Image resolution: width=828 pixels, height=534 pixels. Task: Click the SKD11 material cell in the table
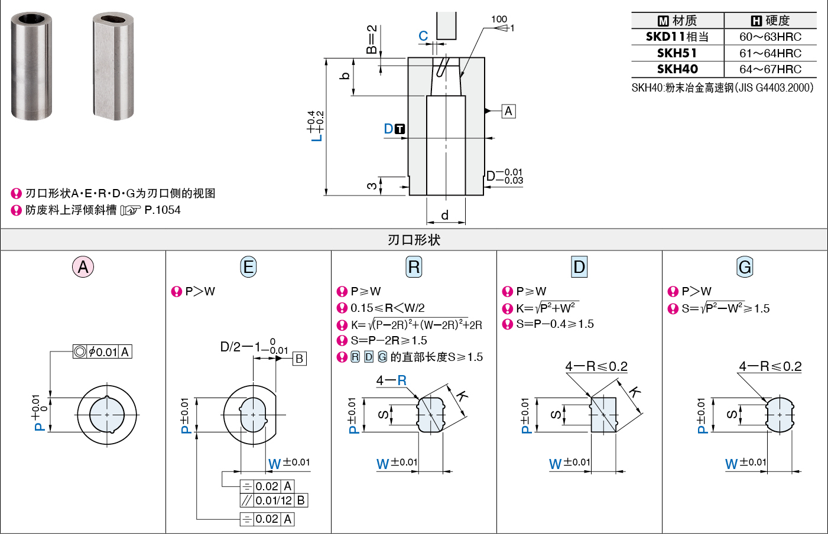(677, 37)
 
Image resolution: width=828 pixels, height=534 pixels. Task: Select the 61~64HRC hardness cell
(770, 53)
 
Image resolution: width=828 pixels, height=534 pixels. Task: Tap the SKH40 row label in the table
(677, 69)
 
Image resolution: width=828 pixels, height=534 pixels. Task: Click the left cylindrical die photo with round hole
(31, 66)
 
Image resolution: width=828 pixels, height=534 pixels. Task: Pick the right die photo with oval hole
(113, 66)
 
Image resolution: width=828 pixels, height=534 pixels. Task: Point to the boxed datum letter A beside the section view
(508, 111)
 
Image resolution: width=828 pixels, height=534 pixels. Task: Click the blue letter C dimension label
(423, 36)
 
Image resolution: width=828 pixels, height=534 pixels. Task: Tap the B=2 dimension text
(372, 39)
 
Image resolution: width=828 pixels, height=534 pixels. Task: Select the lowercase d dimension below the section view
(445, 214)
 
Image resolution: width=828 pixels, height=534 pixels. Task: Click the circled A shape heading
(83, 267)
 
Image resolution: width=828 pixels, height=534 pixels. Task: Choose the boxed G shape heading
(745, 267)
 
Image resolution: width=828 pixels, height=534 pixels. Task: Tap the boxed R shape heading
(414, 267)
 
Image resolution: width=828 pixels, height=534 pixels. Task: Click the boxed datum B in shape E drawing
(300, 359)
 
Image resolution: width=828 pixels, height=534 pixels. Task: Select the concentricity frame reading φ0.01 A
(102, 351)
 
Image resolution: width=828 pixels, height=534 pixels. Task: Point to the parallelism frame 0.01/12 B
(274, 500)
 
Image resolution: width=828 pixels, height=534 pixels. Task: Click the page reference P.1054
(163, 210)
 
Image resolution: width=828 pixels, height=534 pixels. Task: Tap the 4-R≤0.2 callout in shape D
(596, 366)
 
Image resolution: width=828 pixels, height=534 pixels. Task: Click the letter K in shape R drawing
(462, 396)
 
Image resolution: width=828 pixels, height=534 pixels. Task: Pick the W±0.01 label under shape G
(746, 464)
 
